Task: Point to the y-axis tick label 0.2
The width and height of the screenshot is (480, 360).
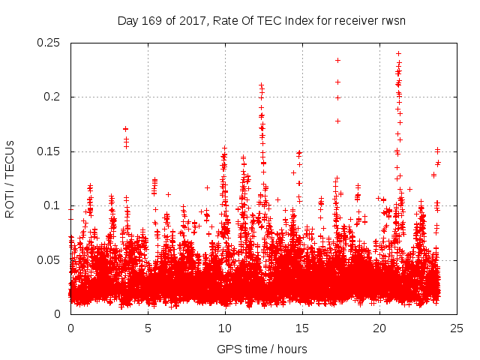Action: tap(52, 97)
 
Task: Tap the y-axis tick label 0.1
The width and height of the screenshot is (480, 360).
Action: tap(52, 205)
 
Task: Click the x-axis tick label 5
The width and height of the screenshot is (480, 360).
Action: tap(148, 328)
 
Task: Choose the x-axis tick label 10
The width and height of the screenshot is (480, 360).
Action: tap(225, 328)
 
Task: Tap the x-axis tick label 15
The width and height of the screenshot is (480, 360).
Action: tap(302, 328)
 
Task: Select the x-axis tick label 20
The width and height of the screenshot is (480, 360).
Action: tap(379, 328)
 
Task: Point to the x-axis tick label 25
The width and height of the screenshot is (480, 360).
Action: tap(457, 328)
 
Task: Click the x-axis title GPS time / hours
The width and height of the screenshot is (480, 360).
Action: tap(262, 349)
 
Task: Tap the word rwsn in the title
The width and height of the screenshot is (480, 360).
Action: tap(394, 20)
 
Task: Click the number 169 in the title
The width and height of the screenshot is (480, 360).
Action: tap(152, 20)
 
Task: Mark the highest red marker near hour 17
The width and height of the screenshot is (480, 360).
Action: tap(337, 60)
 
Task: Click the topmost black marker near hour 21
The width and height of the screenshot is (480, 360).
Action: tap(398, 54)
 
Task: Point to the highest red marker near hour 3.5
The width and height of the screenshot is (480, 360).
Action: tap(126, 129)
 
